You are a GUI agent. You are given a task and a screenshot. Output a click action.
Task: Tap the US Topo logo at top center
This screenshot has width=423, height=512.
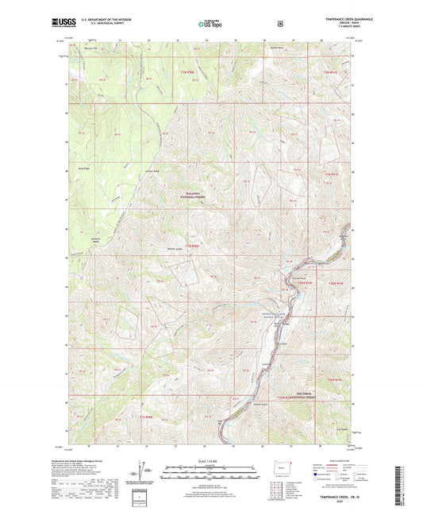tap(210, 25)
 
